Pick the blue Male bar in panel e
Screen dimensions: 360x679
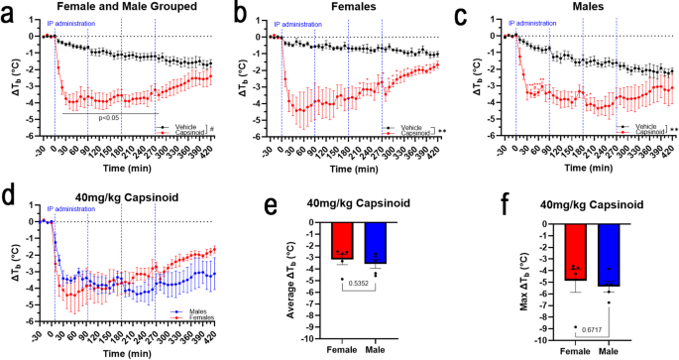pyautogui.click(x=376, y=243)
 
